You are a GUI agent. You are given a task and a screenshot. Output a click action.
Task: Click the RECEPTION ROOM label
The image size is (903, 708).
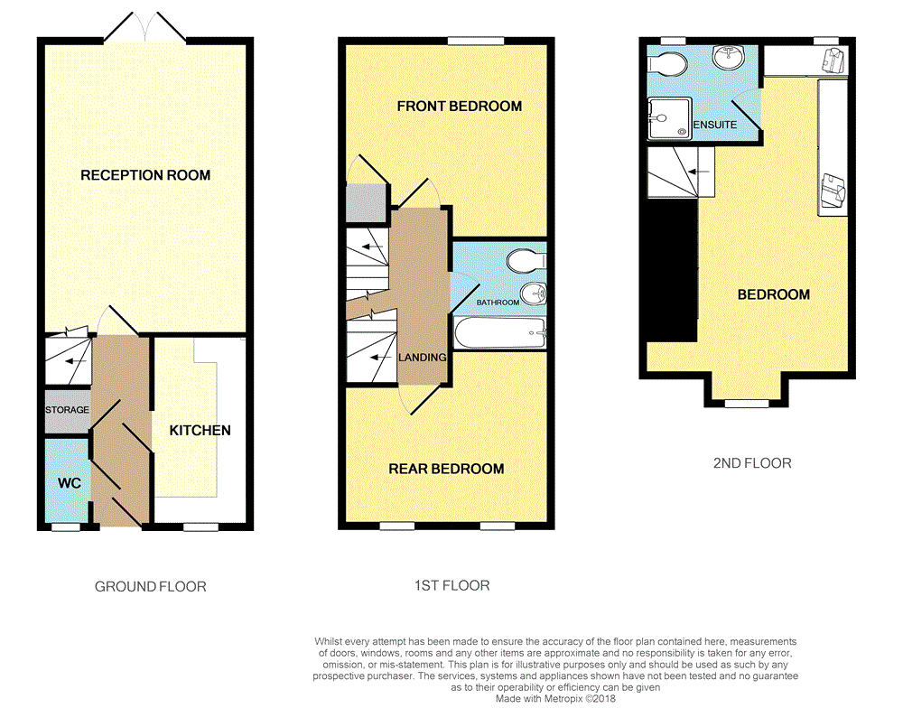click(x=145, y=175)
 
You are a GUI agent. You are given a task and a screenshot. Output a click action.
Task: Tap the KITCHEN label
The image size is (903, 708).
click(x=200, y=431)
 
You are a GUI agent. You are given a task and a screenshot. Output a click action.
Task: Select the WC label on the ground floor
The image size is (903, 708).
click(x=70, y=483)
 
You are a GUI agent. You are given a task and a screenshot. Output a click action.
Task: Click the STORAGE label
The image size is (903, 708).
click(x=68, y=410)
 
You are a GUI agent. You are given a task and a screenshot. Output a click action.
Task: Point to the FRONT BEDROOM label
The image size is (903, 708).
click(x=460, y=107)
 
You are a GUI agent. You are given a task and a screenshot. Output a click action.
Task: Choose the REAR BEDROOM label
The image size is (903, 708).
click(x=446, y=469)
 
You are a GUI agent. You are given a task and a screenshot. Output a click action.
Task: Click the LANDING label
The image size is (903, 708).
click(x=423, y=358)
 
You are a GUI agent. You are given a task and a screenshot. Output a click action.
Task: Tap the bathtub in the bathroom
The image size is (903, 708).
click(x=499, y=334)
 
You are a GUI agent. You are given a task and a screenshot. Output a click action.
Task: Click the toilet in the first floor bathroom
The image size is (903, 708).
click(x=526, y=261)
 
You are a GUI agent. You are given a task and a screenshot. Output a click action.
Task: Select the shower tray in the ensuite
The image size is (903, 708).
click(x=669, y=119)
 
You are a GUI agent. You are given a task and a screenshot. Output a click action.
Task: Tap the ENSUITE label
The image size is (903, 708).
click(x=715, y=125)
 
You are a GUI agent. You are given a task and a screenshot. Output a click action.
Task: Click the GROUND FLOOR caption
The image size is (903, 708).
click(x=151, y=587)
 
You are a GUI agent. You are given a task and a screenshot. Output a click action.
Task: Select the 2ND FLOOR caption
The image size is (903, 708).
click(x=752, y=463)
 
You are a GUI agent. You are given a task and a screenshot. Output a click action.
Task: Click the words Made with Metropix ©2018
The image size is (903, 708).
click(x=555, y=698)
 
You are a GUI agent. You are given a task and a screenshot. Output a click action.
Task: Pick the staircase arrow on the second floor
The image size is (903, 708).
click(x=698, y=171)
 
